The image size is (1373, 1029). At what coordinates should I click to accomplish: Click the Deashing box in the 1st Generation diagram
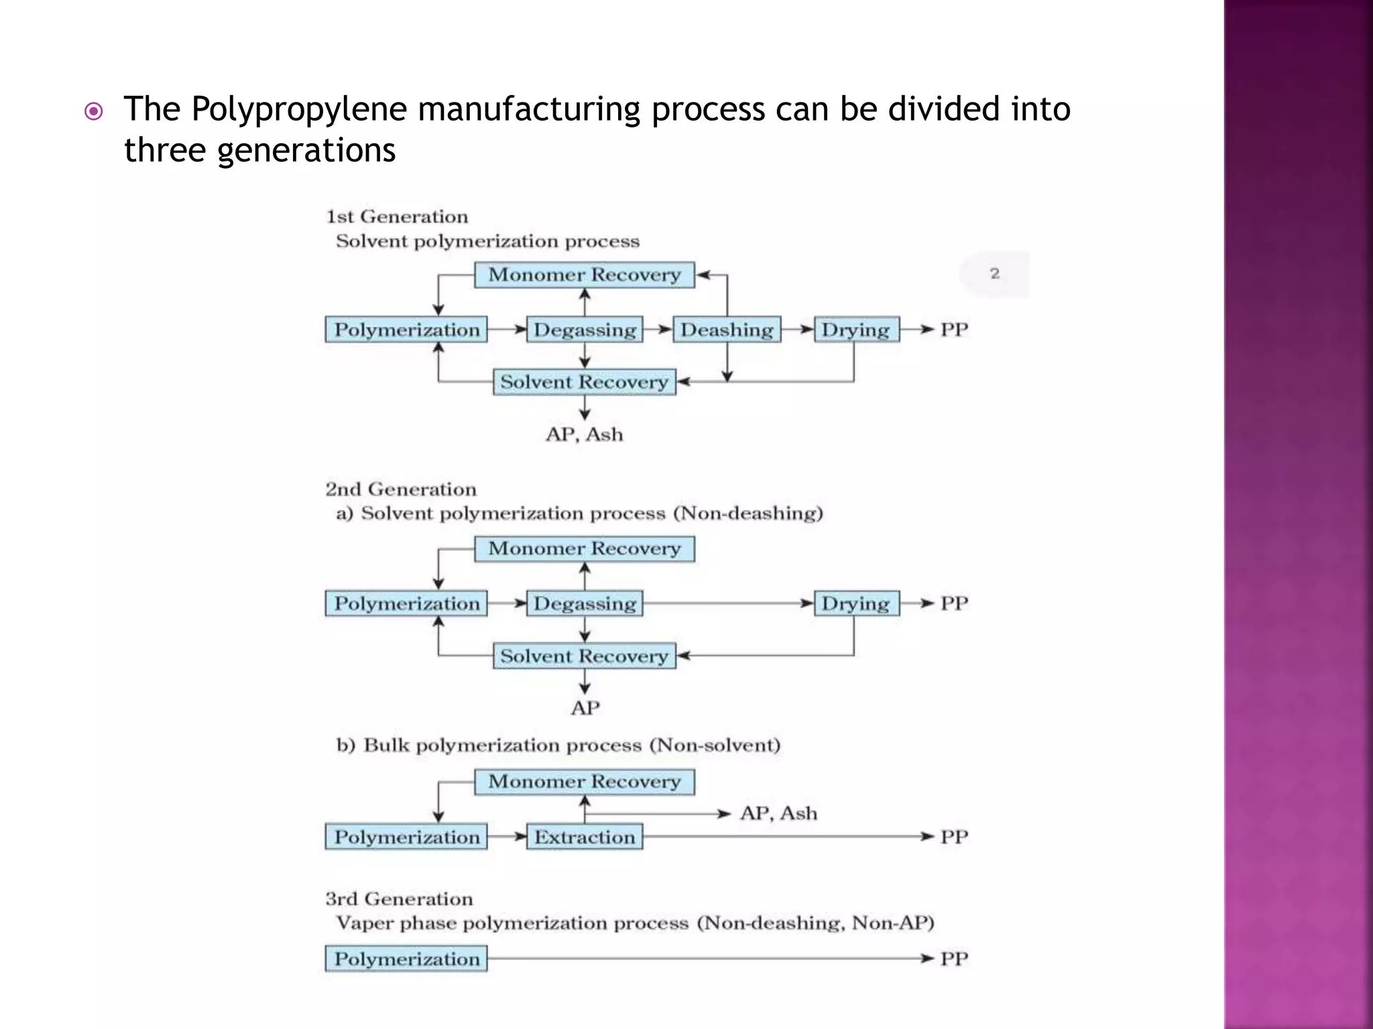click(x=727, y=330)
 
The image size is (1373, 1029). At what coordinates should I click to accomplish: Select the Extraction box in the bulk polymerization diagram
click(x=584, y=837)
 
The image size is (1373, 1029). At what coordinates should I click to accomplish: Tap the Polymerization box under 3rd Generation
click(x=406, y=959)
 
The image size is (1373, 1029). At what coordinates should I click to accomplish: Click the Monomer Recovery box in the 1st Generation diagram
click(x=584, y=275)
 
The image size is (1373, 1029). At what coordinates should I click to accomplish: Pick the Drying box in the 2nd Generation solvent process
click(x=856, y=604)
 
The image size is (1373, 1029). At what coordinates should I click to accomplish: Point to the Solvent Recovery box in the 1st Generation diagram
click(x=584, y=382)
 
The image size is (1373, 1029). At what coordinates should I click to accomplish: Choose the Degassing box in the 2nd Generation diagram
click(x=584, y=604)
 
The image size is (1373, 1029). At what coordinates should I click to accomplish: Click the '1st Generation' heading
click(x=397, y=216)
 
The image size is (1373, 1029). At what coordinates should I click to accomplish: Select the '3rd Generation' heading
click(x=399, y=899)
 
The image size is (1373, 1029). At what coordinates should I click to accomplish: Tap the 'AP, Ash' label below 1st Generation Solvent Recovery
click(x=584, y=435)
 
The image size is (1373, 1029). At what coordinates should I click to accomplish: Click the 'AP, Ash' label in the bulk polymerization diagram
click(x=778, y=813)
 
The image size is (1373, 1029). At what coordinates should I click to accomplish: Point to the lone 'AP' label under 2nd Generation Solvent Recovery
click(x=585, y=708)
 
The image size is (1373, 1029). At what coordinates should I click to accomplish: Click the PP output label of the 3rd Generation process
click(x=954, y=959)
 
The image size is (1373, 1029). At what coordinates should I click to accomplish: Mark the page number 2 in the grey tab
click(x=995, y=273)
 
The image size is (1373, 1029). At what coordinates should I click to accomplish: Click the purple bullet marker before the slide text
click(x=94, y=111)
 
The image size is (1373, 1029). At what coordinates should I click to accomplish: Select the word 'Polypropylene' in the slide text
click(x=299, y=109)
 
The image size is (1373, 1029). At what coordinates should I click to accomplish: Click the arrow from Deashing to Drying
click(x=798, y=330)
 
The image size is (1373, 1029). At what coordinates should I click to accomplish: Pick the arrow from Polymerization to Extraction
click(x=508, y=837)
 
